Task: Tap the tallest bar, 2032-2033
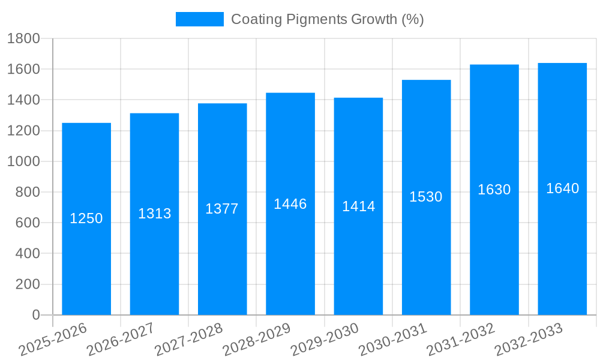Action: (562, 252)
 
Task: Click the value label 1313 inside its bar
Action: (154, 214)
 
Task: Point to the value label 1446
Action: (290, 204)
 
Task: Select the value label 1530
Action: (426, 197)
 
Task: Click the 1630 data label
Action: (494, 190)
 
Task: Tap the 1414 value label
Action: (358, 206)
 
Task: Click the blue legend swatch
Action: (199, 19)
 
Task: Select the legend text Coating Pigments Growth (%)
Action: (327, 19)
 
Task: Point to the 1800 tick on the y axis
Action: (23, 38)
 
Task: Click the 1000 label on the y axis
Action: (23, 161)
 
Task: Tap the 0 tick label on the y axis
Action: (35, 315)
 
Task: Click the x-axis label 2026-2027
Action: (121, 340)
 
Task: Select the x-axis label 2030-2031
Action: (392, 340)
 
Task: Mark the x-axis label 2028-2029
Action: (257, 340)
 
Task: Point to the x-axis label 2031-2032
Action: (461, 340)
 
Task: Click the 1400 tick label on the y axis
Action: (23, 100)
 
